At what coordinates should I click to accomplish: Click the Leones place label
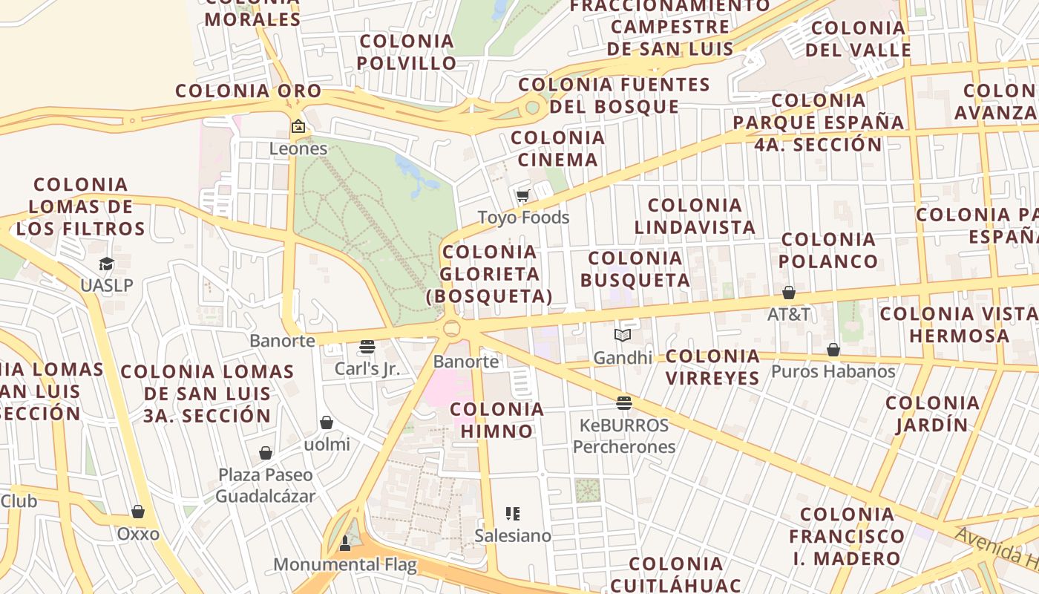[x=298, y=148]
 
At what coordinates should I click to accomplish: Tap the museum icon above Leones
[x=298, y=126]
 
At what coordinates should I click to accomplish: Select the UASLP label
[x=107, y=285]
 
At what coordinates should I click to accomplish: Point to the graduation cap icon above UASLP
[x=107, y=264]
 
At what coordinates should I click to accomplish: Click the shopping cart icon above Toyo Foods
[x=523, y=196]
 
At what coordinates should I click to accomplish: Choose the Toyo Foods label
[x=523, y=218]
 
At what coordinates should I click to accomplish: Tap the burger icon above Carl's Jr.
[x=367, y=347]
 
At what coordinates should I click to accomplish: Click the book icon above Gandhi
[x=623, y=336]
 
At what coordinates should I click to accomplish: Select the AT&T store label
[x=789, y=314]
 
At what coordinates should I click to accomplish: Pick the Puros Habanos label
[x=833, y=371]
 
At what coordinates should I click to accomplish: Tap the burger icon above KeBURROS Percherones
[x=624, y=403]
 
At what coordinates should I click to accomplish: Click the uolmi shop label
[x=327, y=445]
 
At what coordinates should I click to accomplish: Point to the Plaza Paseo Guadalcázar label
[x=266, y=485]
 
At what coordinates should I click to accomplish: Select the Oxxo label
[x=138, y=534]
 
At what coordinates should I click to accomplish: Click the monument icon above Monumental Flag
[x=344, y=544]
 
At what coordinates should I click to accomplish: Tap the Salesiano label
[x=513, y=535]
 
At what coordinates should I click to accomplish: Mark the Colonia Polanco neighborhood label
[x=828, y=250]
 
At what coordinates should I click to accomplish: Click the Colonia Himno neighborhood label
[x=497, y=420]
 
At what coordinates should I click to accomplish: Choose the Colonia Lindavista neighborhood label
[x=695, y=216]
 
